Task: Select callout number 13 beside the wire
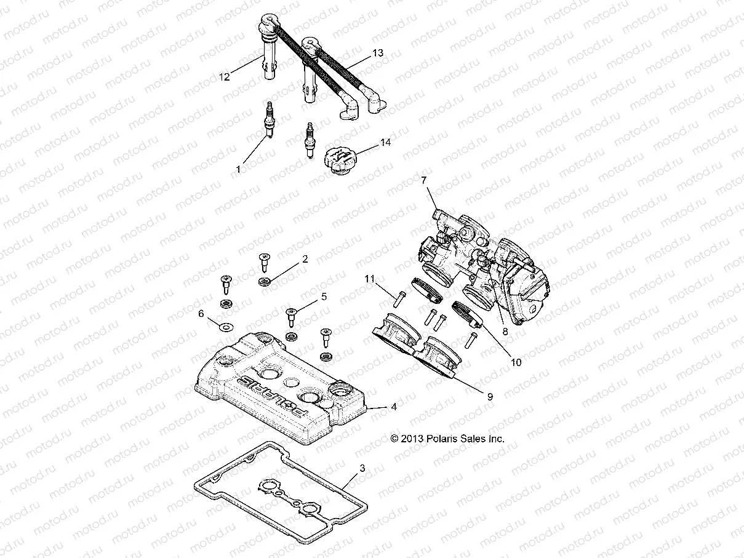pyautogui.click(x=377, y=54)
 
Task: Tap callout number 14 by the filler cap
pyautogui.click(x=402, y=142)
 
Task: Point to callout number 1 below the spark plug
pyautogui.click(x=239, y=167)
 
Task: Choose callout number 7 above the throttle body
pyautogui.click(x=423, y=180)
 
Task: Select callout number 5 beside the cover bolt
pyautogui.click(x=323, y=297)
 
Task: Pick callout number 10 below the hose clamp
pyautogui.click(x=516, y=362)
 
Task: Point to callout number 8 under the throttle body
pyautogui.click(x=505, y=330)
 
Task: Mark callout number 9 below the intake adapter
pyautogui.click(x=490, y=397)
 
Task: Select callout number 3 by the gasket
pyautogui.click(x=362, y=469)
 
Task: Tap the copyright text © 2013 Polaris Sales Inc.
pyautogui.click(x=447, y=439)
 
